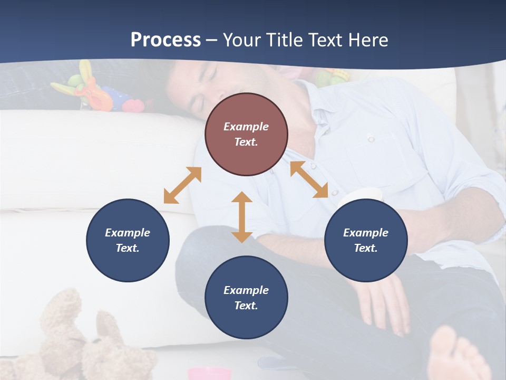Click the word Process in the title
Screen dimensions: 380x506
coord(166,40)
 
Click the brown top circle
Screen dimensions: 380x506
coord(246,134)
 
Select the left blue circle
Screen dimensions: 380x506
coord(128,240)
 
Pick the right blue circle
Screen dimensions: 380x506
coord(366,240)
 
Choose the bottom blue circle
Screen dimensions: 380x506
coord(246,298)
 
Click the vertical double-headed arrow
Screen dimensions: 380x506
coord(242,217)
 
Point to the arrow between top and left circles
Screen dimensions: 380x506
coord(182,185)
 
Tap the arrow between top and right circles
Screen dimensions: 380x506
coord(309,179)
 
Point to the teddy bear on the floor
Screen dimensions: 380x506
coord(79,338)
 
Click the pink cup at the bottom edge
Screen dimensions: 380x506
coord(209,374)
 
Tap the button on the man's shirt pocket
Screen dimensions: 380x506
coord(371,139)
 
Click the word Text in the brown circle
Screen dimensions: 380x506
coord(246,142)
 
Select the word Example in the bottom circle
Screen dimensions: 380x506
coord(246,290)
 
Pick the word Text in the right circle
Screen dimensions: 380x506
coord(366,248)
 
